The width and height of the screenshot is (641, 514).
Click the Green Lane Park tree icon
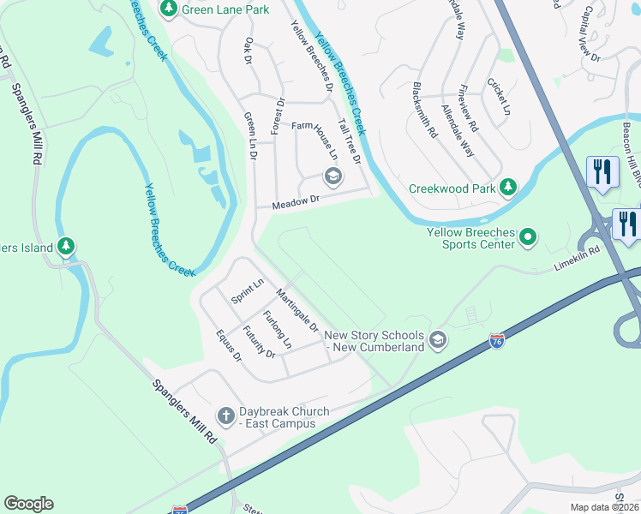[169, 9]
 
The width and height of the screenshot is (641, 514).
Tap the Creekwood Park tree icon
[508, 187]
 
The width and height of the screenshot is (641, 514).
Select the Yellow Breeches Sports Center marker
[529, 237]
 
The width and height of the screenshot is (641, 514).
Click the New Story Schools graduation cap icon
[438, 341]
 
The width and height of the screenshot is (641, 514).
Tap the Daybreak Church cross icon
[226, 417]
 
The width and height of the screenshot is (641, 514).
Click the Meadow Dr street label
[296, 203]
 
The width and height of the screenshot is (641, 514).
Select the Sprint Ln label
[248, 292]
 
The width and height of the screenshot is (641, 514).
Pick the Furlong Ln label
[277, 330]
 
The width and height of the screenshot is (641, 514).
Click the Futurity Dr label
[258, 342]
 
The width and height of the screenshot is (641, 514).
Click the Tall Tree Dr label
[350, 140]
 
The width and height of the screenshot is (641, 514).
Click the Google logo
[28, 504]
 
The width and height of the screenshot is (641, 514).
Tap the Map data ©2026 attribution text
[604, 507]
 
